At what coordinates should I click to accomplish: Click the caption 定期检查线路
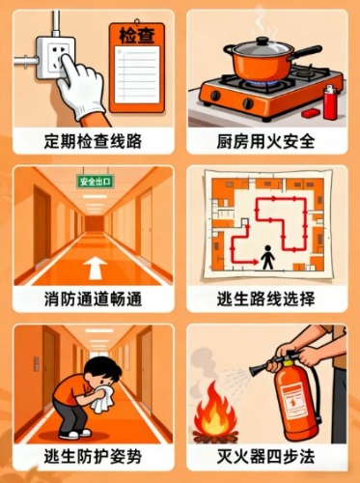[93, 141]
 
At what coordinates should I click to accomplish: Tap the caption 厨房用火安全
[265, 141]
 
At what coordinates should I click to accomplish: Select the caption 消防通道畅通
[93, 299]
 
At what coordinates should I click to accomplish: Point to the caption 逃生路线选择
[265, 299]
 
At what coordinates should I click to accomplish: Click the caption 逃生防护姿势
[93, 457]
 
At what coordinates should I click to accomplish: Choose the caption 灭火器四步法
[265, 457]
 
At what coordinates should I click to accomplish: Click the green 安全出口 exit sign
[96, 182]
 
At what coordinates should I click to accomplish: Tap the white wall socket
[55, 58]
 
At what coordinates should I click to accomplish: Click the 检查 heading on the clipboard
[137, 36]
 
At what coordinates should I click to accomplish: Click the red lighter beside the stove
[330, 102]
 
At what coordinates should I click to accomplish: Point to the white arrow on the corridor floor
[96, 268]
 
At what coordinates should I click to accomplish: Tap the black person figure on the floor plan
[267, 257]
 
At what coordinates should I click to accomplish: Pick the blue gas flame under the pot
[259, 84]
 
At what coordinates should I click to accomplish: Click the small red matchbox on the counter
[311, 113]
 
